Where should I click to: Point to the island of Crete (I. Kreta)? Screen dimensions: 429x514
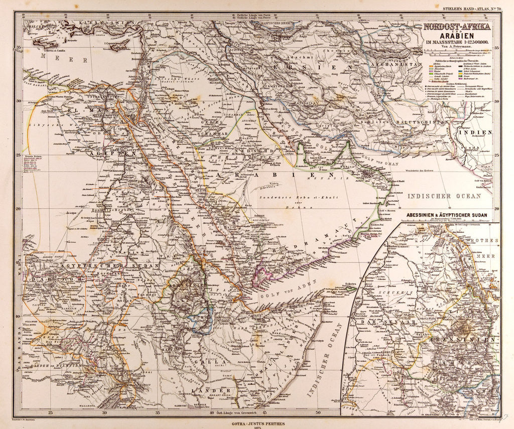click(x=50, y=45)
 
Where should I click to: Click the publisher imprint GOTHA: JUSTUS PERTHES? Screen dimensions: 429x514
click(x=256, y=414)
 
